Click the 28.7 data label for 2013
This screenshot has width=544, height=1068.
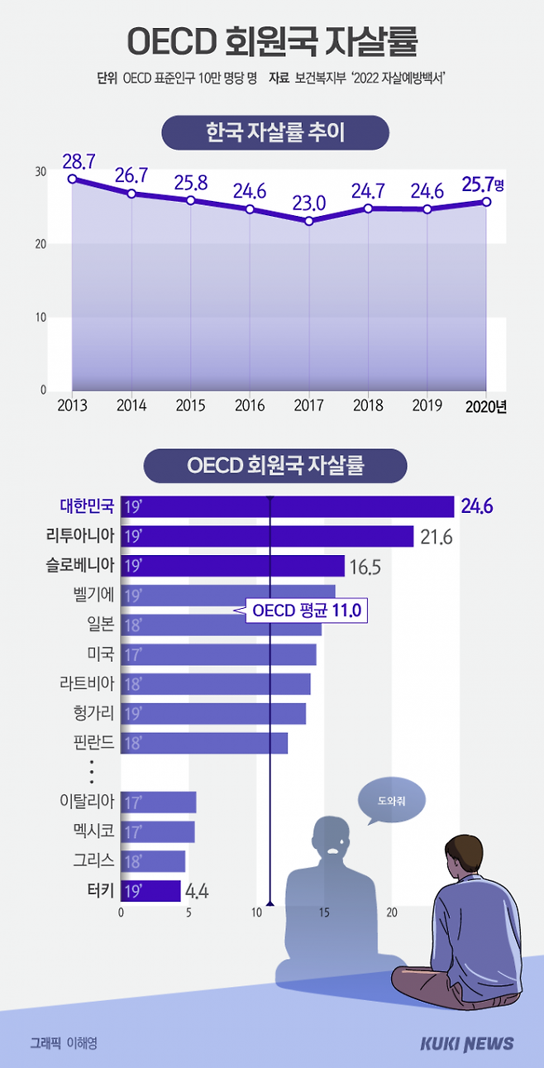point(79,160)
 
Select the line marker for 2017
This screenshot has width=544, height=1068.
point(309,221)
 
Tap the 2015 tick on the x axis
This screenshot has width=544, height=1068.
point(190,405)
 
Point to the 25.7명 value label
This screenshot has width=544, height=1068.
point(483,184)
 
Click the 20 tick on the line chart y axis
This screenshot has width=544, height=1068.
point(41,244)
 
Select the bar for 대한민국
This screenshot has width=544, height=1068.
point(287,506)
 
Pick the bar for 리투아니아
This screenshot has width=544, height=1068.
point(266,536)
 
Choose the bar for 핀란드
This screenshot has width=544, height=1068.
point(204,743)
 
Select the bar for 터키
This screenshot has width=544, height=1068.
point(150,890)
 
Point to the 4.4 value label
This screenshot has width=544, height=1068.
point(196,891)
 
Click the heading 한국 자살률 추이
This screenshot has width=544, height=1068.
point(274,132)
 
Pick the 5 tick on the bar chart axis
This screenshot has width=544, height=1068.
point(189,912)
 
